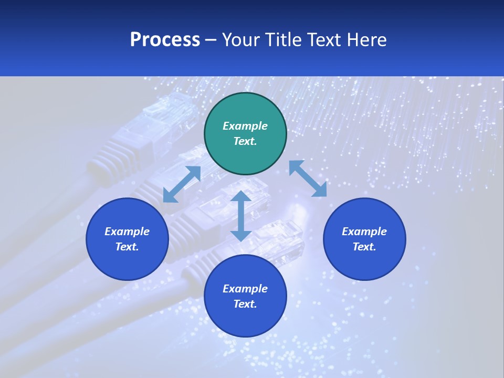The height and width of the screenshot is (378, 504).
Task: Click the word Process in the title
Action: pos(165,40)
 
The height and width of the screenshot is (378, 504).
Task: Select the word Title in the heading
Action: pos(284,40)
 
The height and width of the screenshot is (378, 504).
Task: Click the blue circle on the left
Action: pos(127,239)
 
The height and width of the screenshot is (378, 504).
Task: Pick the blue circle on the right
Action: pos(364,239)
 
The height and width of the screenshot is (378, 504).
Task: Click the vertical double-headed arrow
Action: pos(241,216)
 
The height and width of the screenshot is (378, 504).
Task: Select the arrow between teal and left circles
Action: pos(182,184)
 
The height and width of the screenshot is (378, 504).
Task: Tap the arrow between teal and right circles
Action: pos(308,178)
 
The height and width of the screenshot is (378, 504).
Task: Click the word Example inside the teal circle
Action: pos(245,126)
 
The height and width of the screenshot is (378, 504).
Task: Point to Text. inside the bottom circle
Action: pos(245,304)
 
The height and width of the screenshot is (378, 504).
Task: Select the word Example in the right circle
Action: pos(364,232)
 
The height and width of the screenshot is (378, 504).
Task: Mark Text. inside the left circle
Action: pos(127,247)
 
